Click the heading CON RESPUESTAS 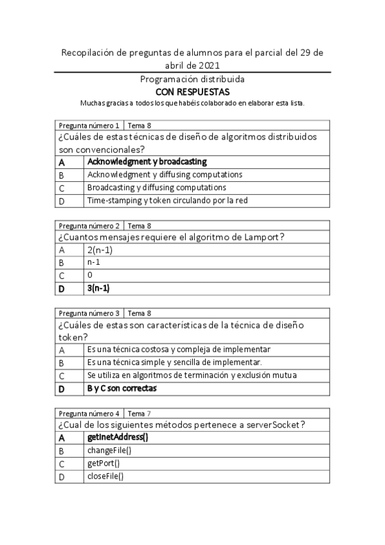click(x=192, y=91)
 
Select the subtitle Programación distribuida click(x=192, y=79)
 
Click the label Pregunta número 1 click(x=89, y=125)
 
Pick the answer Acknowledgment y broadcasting click(x=147, y=162)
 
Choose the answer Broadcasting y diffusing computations click(x=156, y=188)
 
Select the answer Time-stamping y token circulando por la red click(x=167, y=201)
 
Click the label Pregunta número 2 click(x=89, y=226)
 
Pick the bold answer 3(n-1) click(x=98, y=289)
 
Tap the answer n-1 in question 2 click(x=94, y=262)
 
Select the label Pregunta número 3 click(x=89, y=313)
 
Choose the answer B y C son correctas click(x=122, y=389)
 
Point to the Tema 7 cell click(x=140, y=413)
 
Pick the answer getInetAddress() click(x=118, y=437)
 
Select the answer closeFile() click(x=105, y=476)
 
